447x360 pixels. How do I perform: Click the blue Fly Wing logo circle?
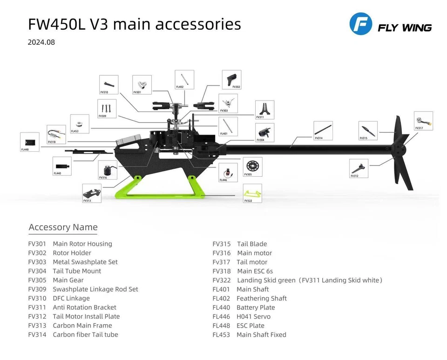click(x=361, y=24)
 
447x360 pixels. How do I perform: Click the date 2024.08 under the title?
click(x=41, y=42)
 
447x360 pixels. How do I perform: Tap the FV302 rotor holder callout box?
click(x=231, y=80)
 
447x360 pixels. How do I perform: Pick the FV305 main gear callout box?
click(x=252, y=167)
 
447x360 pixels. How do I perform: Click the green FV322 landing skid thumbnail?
click(x=252, y=193)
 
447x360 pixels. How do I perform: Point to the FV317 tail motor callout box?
click(x=423, y=120)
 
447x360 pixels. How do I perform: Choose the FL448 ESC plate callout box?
click(x=30, y=142)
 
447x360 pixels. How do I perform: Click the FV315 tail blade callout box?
click(x=367, y=130)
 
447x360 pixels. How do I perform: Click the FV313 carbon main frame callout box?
click(x=92, y=193)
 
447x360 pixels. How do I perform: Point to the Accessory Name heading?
click(x=63, y=227)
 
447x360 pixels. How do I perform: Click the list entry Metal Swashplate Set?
click(x=85, y=262)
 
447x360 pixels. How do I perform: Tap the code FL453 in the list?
click(x=221, y=334)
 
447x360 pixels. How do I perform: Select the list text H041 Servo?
click(x=253, y=316)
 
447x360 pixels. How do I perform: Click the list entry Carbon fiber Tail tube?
click(x=85, y=334)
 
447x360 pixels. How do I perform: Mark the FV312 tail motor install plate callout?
click(x=359, y=168)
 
